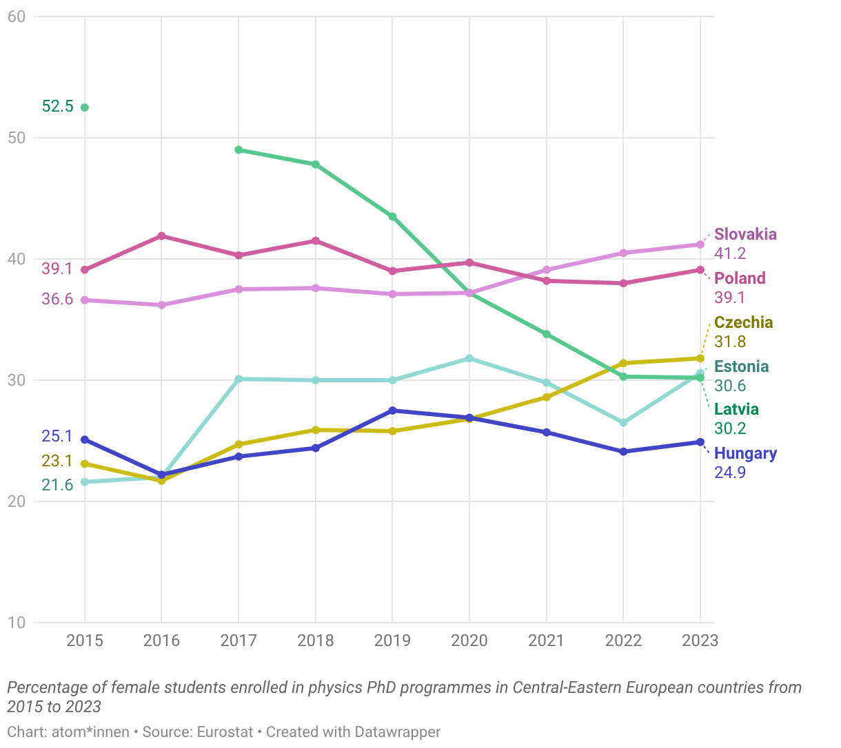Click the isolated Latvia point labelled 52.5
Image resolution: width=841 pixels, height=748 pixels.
[85, 107]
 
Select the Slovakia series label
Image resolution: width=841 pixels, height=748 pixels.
[745, 234]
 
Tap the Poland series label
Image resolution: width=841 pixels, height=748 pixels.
[740, 278]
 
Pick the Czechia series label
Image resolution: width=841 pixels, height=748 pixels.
[743, 322]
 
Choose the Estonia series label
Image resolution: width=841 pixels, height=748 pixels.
[741, 366]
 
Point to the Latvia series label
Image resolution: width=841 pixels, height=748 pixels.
[736, 409]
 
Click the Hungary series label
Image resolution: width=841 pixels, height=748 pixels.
[745, 453]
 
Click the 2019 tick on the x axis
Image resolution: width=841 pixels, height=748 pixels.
[392, 641]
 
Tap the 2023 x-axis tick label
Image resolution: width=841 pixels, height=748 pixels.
[700, 641]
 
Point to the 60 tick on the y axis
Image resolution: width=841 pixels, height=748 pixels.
[16, 17]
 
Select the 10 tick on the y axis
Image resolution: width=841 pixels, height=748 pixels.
[16, 623]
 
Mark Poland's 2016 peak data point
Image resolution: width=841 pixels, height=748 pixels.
[161, 236]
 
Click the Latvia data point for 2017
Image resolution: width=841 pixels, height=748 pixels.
[239, 149]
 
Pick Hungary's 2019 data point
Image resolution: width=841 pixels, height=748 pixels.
[392, 411]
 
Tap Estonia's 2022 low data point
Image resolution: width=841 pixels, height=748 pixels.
[623, 422]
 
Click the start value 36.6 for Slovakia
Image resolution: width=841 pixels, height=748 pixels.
[57, 300]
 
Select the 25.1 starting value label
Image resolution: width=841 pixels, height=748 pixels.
[57, 436]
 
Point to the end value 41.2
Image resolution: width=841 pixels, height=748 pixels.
[730, 253]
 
